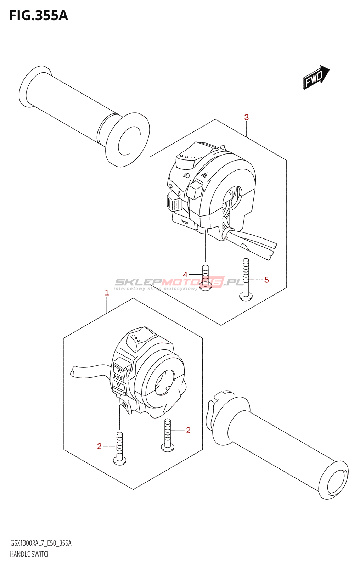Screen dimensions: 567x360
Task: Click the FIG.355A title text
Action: (x=39, y=16)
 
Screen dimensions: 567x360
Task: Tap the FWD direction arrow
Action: (x=316, y=77)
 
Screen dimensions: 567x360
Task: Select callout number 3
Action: (x=246, y=117)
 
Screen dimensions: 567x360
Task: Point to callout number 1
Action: (x=107, y=293)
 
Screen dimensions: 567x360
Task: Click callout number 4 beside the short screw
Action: (x=185, y=275)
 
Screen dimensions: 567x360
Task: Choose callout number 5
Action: (x=266, y=280)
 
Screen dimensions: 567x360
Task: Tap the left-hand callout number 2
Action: (x=100, y=447)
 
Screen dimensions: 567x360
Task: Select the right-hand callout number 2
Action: (x=188, y=430)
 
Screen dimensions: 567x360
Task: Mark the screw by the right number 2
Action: (x=168, y=435)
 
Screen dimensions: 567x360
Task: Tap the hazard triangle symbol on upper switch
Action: (x=204, y=175)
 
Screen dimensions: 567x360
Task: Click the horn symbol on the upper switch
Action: (x=184, y=221)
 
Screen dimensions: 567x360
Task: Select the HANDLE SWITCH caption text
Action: (x=30, y=554)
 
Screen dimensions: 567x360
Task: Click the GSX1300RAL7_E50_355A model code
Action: (x=41, y=543)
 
